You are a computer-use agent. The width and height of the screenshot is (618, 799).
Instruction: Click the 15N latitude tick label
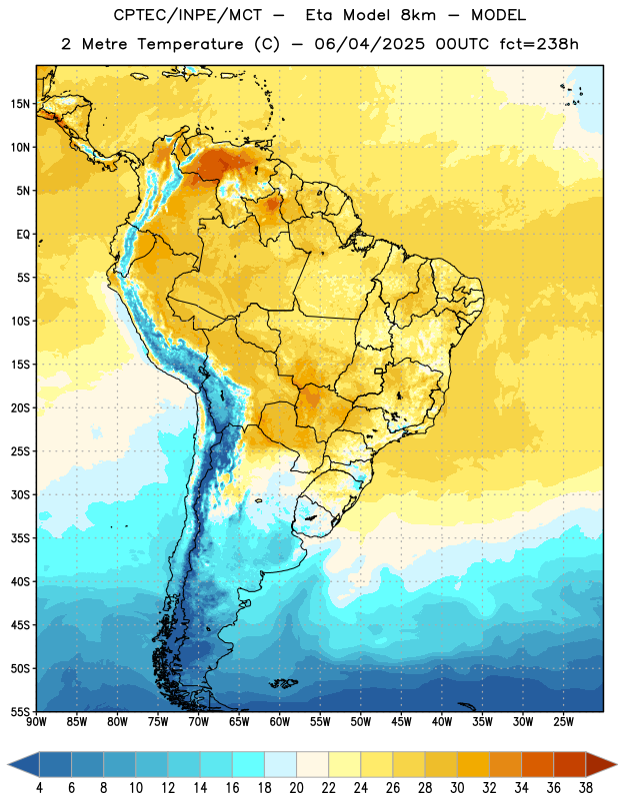coord(20,104)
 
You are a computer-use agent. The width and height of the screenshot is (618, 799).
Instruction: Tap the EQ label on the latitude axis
coord(23,235)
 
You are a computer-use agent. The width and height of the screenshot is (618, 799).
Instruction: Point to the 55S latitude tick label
coord(20,712)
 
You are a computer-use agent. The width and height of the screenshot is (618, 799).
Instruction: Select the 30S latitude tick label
coord(20,494)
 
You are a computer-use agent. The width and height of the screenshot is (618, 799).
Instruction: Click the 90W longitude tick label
coord(37,722)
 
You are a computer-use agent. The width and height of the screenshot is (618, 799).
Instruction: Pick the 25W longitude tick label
coord(563,722)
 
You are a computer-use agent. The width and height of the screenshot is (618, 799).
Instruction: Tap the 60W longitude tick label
coord(280,722)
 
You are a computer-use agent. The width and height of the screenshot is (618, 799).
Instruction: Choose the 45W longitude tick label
coord(401,722)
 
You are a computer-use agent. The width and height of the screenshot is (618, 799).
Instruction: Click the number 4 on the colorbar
coord(39,788)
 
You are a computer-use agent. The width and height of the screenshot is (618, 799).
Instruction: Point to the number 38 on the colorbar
coord(586,788)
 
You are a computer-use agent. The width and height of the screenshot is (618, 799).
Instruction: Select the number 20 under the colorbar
coord(296,788)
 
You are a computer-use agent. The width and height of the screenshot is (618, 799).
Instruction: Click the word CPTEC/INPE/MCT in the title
coord(187,15)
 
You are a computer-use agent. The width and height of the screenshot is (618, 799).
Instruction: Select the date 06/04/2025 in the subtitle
coord(369,44)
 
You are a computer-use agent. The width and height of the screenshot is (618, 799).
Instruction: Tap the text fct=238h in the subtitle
coord(539,44)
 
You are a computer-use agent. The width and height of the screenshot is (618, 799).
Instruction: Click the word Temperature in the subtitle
coord(190,44)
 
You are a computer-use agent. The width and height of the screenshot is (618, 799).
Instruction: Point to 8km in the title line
coord(418,15)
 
